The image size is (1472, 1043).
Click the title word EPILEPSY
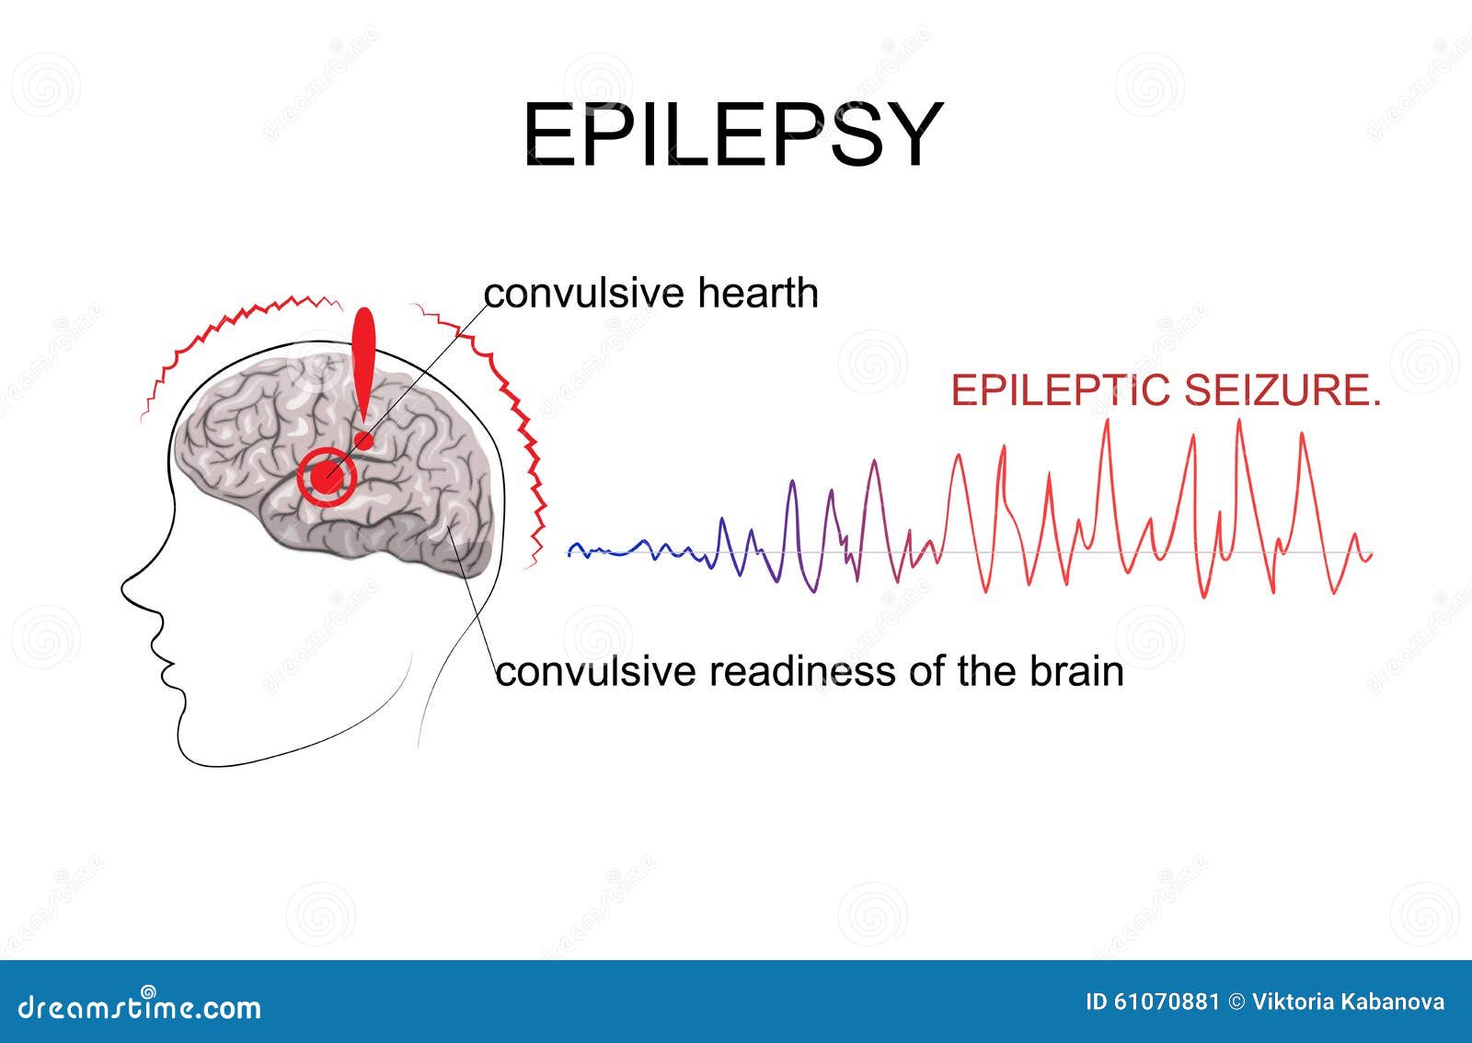click(x=733, y=134)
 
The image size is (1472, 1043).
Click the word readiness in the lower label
click(x=801, y=671)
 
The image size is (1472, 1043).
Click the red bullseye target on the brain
click(x=326, y=477)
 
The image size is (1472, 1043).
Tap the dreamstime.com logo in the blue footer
click(x=139, y=1005)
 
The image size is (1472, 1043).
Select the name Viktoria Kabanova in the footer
click(x=1348, y=1002)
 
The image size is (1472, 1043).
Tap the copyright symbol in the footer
click(x=1236, y=1002)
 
